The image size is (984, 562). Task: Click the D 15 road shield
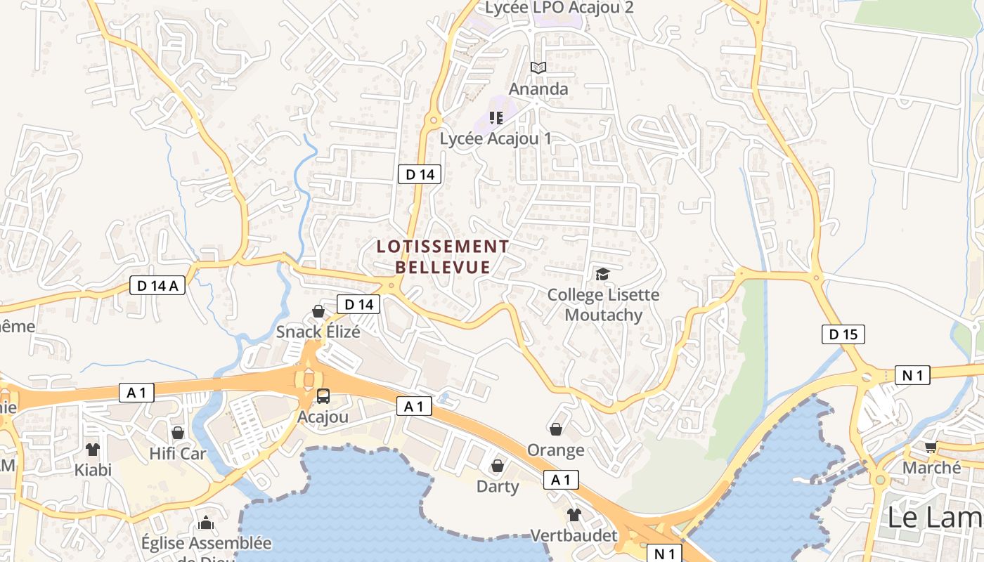point(843,334)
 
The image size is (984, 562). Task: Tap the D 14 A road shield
point(157,285)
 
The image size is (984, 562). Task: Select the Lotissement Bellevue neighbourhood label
point(443,256)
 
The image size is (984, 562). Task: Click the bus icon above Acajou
point(323,396)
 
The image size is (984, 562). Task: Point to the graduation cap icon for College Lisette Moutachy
point(602,274)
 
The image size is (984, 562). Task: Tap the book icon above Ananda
point(538,68)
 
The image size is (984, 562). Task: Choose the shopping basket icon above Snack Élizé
point(318,311)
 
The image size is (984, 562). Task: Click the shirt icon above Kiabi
point(93,450)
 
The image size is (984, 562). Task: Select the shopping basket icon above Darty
point(498,466)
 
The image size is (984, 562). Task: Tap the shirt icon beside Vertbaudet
point(574,515)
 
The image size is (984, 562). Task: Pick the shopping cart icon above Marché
point(931,447)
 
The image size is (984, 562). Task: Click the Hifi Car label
point(178,454)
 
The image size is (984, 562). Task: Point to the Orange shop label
point(556,450)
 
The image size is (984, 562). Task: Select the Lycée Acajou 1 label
point(496,138)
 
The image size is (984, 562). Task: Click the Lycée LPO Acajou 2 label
point(559,8)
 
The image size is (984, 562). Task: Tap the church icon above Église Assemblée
point(206,523)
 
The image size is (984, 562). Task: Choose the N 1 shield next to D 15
point(912,375)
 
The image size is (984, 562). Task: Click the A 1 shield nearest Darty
point(560,480)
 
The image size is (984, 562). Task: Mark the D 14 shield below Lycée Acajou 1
point(420,174)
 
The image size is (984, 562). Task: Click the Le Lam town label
point(933,518)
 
